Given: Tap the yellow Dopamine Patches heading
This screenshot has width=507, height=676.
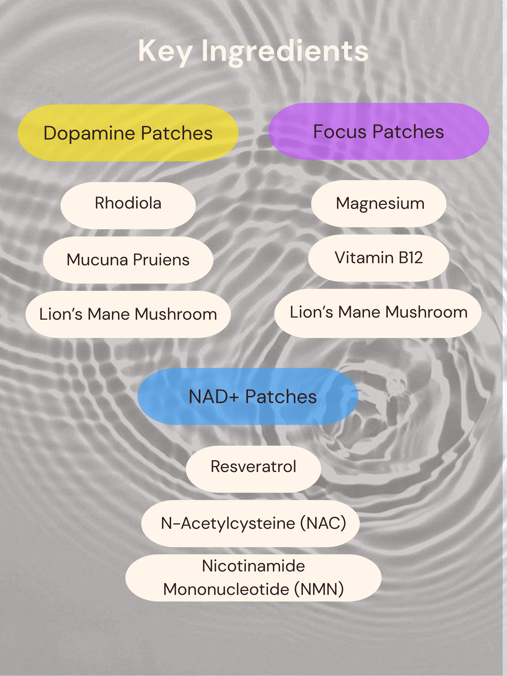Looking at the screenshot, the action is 128,133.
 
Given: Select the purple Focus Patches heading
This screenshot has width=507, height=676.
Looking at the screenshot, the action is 379,131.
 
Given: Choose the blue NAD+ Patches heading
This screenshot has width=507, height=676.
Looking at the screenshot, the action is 248,396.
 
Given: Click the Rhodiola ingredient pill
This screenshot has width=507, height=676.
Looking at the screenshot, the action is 128,206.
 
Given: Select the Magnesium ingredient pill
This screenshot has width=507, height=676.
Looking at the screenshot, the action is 379,204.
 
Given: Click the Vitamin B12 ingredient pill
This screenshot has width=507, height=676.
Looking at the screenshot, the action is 379,258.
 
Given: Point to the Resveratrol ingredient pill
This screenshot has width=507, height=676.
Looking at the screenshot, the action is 253,469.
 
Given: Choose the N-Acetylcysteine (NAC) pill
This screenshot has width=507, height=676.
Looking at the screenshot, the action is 250,524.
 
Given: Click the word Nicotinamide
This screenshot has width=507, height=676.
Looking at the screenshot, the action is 253,566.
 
